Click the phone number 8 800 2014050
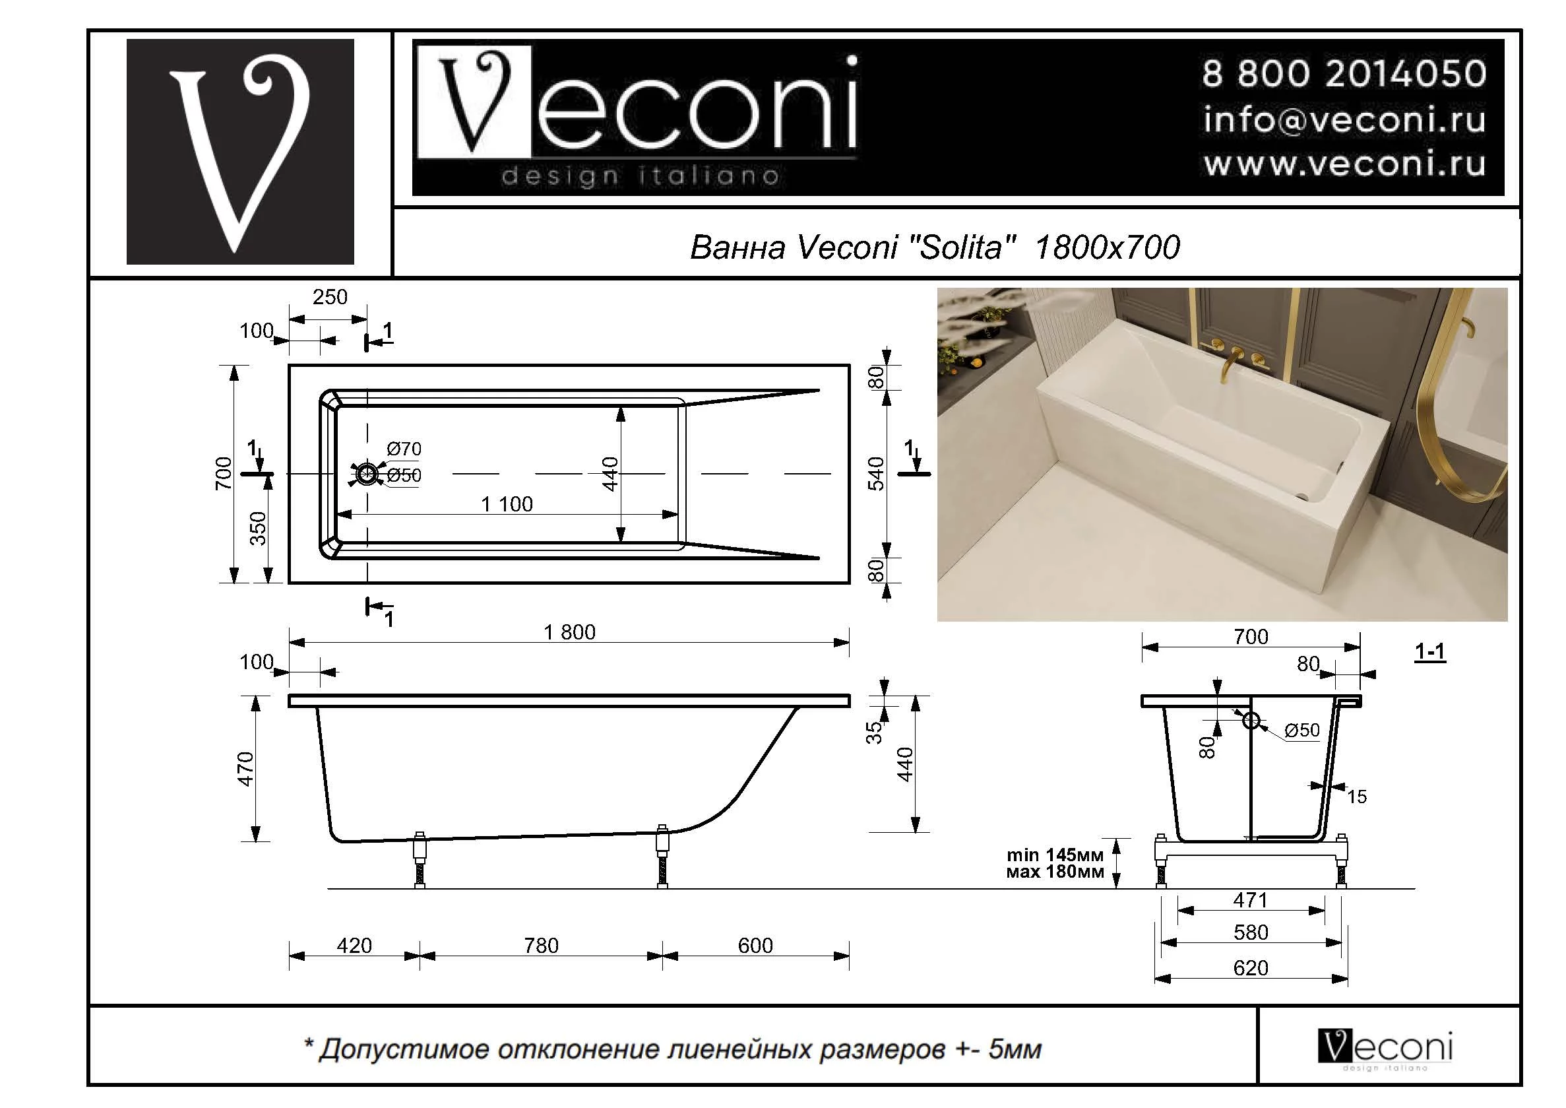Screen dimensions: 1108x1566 [x=1343, y=74]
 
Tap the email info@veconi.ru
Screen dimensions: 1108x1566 [x=1343, y=120]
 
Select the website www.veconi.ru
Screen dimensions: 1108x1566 [x=1343, y=164]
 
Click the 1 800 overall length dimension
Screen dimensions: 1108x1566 [x=569, y=632]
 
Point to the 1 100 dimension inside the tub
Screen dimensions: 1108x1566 [x=507, y=504]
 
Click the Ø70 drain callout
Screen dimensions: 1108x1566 [x=404, y=449]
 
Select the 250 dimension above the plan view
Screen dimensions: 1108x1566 [x=329, y=297]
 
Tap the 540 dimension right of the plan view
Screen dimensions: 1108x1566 [x=876, y=474]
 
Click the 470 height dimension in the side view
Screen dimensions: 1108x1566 [x=245, y=769]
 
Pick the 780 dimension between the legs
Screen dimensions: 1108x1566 [x=541, y=946]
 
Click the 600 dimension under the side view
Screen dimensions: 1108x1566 [x=755, y=946]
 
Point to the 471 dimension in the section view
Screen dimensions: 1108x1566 [x=1249, y=900]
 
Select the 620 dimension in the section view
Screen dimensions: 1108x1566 [x=1250, y=967]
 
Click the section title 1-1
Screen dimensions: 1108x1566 [x=1429, y=652]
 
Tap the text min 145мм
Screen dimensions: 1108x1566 [x=1055, y=855]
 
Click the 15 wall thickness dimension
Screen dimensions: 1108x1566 [x=1357, y=797]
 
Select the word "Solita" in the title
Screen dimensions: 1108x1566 [x=962, y=247]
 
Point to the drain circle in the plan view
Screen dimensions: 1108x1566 [x=367, y=474]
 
